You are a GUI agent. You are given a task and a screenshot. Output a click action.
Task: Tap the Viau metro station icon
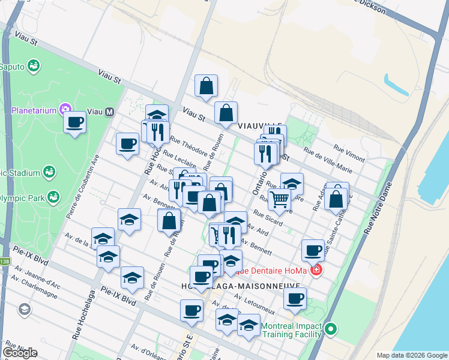[x=110, y=111]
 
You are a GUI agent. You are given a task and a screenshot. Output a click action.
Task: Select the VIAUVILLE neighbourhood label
[x=259, y=126]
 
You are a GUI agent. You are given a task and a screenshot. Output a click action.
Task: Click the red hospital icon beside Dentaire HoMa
[x=316, y=271]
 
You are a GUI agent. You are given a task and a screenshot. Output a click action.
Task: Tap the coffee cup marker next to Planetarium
[x=75, y=123]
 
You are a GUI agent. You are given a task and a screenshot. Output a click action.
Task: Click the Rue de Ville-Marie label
[x=328, y=160]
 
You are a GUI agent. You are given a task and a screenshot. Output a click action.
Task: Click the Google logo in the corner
[x=20, y=352]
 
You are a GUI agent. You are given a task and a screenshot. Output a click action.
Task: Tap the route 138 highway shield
[x=4, y=261]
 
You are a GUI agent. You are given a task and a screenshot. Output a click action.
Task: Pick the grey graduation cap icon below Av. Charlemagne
[x=25, y=310]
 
